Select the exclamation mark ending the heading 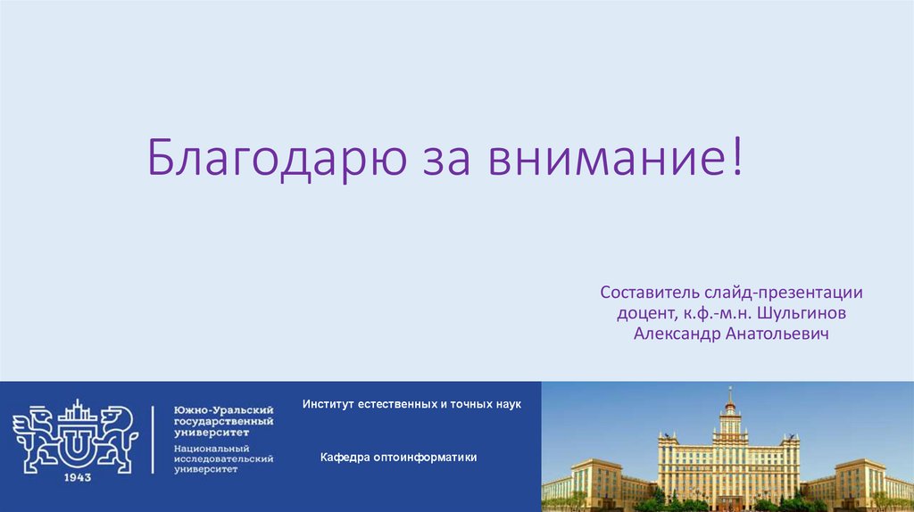coord(736,157)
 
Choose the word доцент coord(644,313)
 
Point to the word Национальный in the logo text coord(212,448)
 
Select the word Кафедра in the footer coord(344,458)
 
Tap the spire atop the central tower coord(729,395)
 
